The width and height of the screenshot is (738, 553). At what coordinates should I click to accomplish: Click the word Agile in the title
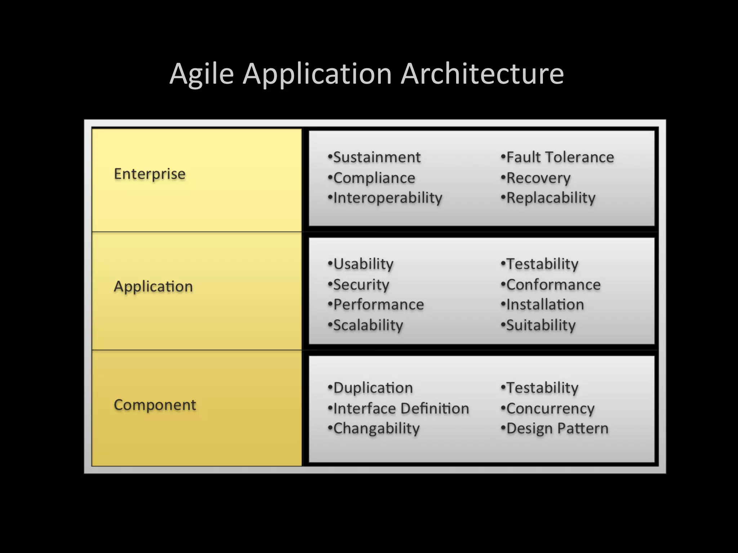202,74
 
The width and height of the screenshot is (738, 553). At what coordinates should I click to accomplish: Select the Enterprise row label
150,174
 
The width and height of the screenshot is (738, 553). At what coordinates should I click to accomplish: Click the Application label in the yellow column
153,287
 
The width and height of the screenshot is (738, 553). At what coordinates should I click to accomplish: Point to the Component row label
155,405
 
